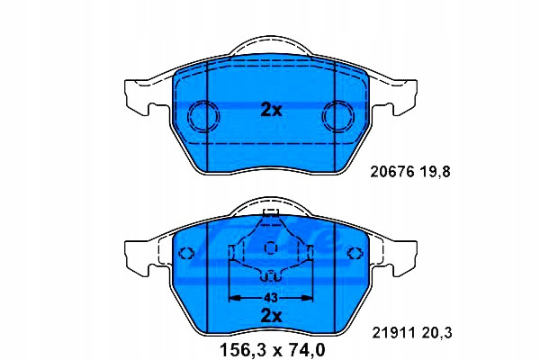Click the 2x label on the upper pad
pos(272,110)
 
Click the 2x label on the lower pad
pos(272,316)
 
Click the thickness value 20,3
pos(436,333)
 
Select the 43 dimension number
pos(271,298)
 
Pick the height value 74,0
pos(304,350)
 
